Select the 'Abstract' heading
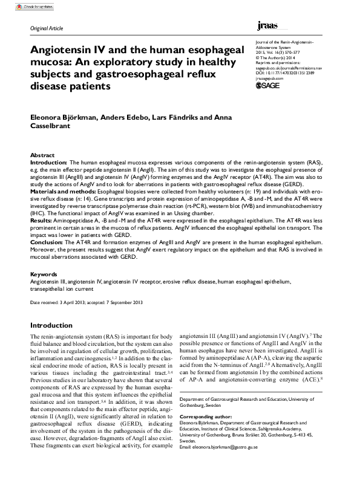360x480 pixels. click(x=42, y=155)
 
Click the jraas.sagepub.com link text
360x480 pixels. click(x=269, y=77)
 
